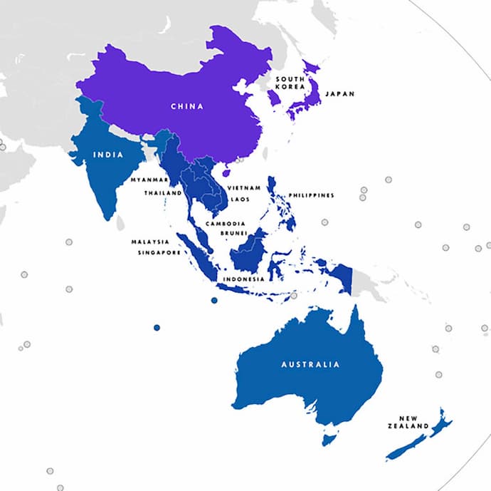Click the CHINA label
click(x=186, y=106)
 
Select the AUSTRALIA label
click(x=310, y=364)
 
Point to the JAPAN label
click(x=339, y=93)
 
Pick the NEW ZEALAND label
click(x=413, y=422)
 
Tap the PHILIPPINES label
click(x=311, y=195)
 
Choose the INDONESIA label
click(x=244, y=279)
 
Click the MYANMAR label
click(x=149, y=180)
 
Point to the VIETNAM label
click(x=243, y=187)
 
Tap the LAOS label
click(x=241, y=200)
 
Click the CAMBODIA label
click(x=226, y=223)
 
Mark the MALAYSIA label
click(x=149, y=242)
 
